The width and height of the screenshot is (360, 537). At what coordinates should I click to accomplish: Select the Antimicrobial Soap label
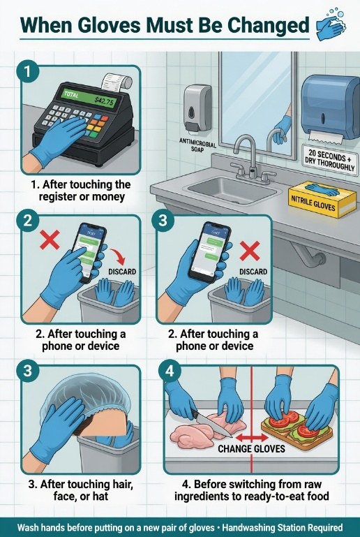tap(198, 145)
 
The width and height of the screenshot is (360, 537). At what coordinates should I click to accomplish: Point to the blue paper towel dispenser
tap(330, 108)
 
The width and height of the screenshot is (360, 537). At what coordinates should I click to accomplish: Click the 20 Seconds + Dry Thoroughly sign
tap(330, 160)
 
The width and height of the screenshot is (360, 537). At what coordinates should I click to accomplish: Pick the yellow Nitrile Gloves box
tap(317, 199)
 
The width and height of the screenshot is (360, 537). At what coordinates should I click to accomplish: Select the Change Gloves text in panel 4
tap(252, 448)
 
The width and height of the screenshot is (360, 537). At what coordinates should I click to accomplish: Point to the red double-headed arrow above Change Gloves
tap(252, 437)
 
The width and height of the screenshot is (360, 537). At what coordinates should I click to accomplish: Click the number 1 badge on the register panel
tap(27, 72)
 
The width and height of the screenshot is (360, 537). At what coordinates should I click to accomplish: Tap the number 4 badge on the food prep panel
tap(170, 371)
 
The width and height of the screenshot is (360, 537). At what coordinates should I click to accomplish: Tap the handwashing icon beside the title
tap(331, 24)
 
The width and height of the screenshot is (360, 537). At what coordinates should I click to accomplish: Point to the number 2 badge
tap(27, 221)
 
